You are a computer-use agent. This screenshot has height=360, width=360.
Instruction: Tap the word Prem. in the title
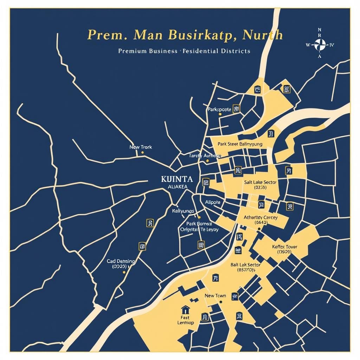tap(102, 35)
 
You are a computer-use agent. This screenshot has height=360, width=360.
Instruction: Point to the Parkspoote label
tap(219, 109)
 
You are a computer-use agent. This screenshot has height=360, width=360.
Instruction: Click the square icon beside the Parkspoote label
tap(237, 109)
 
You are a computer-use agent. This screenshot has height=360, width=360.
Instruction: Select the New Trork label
tap(141, 147)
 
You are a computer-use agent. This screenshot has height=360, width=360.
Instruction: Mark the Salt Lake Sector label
tap(260, 182)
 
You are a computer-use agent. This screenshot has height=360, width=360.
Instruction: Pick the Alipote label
tap(212, 202)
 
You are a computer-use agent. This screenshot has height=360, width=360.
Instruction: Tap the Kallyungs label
tap(183, 211)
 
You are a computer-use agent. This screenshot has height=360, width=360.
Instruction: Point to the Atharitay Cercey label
tap(261, 218)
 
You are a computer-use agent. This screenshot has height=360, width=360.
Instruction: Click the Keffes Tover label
tap(285, 247)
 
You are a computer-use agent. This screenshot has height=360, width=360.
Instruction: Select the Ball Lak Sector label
tap(245, 265)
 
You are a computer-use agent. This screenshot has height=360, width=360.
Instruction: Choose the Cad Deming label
tap(121, 262)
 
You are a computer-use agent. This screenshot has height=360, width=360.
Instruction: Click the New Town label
tap(215, 296)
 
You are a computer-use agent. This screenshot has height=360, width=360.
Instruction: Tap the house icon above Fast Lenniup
tap(185, 310)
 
